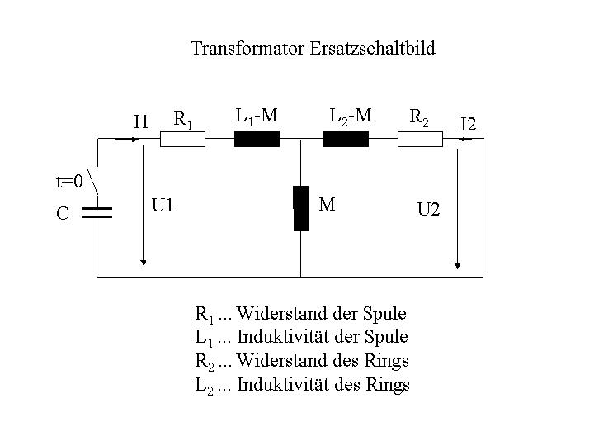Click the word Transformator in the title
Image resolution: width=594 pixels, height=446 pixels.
(247, 49)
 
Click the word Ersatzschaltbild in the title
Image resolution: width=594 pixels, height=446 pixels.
(372, 49)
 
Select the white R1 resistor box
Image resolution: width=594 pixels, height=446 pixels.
(182, 140)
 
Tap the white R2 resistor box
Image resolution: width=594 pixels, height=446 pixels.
(420, 140)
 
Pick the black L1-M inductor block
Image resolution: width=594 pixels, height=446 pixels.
(257, 140)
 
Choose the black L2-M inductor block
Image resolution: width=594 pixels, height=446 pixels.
(346, 140)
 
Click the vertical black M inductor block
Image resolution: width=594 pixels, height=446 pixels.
(301, 208)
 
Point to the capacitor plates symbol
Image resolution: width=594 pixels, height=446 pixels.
(97, 213)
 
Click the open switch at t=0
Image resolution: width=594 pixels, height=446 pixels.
(92, 181)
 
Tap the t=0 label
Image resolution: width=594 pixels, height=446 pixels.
(69, 181)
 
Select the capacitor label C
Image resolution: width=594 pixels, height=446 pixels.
(63, 213)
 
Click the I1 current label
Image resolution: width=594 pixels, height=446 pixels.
(141, 122)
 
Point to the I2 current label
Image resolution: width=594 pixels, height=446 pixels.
(469, 125)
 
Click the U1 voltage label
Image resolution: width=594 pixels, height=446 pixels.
(163, 206)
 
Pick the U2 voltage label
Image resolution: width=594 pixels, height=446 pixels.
(428, 209)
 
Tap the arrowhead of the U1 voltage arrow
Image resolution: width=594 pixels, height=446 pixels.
(144, 263)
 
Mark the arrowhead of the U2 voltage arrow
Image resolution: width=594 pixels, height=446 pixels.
(458, 266)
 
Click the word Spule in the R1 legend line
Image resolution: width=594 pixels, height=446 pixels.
(384, 314)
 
